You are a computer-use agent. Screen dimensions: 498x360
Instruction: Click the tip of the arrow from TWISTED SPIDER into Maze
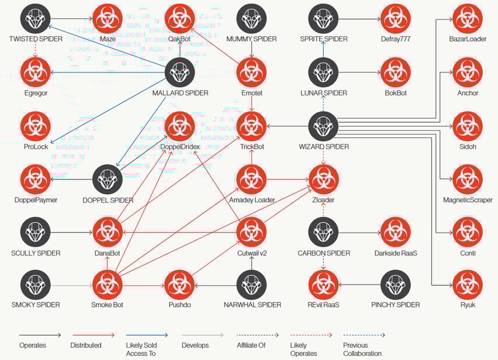[92, 19]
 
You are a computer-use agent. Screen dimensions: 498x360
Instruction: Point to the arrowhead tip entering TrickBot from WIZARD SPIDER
[267, 126]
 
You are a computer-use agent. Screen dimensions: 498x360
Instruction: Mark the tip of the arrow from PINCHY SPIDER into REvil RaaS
[339, 285]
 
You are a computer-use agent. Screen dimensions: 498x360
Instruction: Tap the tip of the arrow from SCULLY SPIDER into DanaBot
[92, 233]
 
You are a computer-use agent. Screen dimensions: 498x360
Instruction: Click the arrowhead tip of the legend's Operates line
[61, 335]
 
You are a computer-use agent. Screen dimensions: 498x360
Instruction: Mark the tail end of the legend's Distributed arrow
[72, 335]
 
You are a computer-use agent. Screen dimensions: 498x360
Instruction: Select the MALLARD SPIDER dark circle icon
[180, 72]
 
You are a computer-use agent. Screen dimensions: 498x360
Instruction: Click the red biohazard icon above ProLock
[36, 126]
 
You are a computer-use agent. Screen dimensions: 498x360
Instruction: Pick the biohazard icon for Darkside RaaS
[395, 233]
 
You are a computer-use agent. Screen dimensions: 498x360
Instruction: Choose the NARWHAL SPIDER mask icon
[252, 285]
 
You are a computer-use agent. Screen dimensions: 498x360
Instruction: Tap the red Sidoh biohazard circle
[468, 126]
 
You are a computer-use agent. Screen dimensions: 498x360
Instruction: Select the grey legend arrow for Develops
[203, 335]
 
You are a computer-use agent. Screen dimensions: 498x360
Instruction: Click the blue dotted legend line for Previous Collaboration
[364, 335]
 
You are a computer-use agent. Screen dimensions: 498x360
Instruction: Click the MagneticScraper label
[468, 200]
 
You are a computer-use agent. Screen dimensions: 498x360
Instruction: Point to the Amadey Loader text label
[252, 200]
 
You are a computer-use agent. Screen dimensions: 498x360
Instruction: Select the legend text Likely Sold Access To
[141, 349]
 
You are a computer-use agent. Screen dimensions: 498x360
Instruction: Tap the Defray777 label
[395, 39]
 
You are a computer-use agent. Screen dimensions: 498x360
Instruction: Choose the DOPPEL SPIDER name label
[108, 200]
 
